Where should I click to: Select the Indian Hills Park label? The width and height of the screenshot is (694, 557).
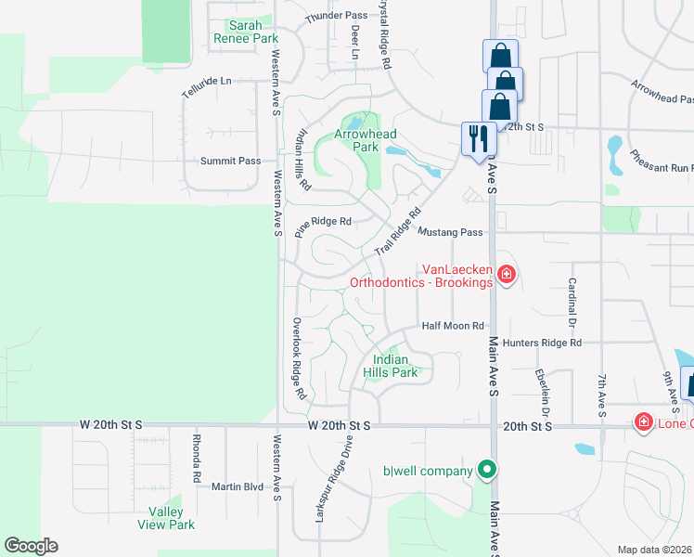pyautogui.click(x=396, y=366)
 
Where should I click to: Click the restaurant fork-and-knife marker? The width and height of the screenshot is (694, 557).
pyautogui.click(x=478, y=139)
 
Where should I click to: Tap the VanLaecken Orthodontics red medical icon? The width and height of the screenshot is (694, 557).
pyautogui.click(x=506, y=274)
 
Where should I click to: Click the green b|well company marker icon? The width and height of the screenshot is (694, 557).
pyautogui.click(x=484, y=471)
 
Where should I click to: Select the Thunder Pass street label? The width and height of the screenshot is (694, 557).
pyautogui.click(x=337, y=16)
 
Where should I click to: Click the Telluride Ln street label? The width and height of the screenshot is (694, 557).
pyautogui.click(x=206, y=81)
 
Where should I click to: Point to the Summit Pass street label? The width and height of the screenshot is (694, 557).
pyautogui.click(x=231, y=161)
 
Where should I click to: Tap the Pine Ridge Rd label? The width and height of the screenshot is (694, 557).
pyautogui.click(x=324, y=222)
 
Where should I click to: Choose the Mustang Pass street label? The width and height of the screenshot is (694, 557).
pyautogui.click(x=450, y=232)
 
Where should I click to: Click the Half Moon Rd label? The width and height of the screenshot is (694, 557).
pyautogui.click(x=453, y=326)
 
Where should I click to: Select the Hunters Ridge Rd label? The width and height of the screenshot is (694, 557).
pyautogui.click(x=542, y=343)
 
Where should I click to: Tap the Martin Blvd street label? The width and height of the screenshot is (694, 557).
pyautogui.click(x=238, y=486)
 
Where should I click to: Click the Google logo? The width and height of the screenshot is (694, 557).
pyautogui.click(x=31, y=546)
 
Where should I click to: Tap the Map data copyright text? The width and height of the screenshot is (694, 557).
pyautogui.click(x=654, y=550)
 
